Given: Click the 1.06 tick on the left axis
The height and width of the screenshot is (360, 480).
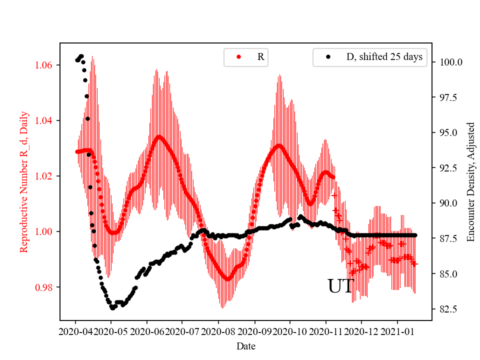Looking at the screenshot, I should tap(46, 65).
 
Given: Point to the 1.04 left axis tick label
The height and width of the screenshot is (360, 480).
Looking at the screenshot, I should tap(46, 120).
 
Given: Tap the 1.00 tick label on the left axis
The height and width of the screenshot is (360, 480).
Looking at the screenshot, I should tap(46, 231).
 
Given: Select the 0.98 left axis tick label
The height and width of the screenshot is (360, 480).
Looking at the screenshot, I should tap(46, 287).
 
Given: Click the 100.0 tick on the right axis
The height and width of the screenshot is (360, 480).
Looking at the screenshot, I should tap(450, 62).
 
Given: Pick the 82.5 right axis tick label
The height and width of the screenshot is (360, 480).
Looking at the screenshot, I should tap(448, 309).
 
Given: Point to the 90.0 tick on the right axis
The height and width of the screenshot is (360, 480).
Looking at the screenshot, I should tap(448, 203).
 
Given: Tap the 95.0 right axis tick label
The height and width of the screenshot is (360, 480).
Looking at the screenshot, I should tap(448, 133).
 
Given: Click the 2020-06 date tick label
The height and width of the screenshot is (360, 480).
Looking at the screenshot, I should tap(147, 331).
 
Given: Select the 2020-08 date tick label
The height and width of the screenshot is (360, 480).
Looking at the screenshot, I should tap(218, 331).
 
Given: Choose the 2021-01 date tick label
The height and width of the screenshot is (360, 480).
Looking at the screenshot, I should tap(397, 331).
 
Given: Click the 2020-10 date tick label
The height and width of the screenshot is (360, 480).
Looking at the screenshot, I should tap(290, 331).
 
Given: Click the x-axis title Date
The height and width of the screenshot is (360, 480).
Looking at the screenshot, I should tap(246, 345).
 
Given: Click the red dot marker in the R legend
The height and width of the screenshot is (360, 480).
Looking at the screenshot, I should tap(238, 57).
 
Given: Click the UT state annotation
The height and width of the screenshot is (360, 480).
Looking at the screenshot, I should tap(340, 286).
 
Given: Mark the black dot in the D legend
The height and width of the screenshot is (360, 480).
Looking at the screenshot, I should tap(328, 57).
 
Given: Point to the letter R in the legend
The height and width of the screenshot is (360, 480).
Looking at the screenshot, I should tap(260, 57).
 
